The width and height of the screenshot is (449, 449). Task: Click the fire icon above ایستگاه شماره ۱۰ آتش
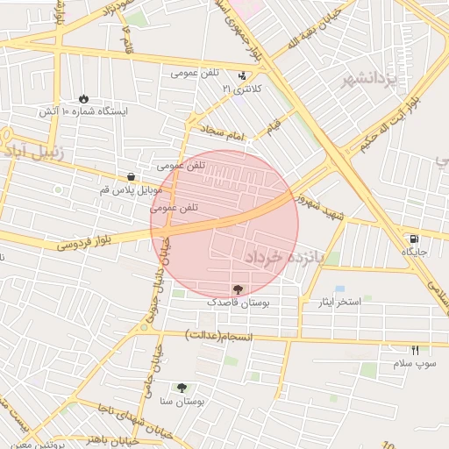84,98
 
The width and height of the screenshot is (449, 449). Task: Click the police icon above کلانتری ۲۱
243,75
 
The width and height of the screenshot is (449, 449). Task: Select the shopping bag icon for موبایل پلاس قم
131,176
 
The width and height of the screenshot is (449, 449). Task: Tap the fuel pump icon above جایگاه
413,238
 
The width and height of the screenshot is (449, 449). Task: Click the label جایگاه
413,252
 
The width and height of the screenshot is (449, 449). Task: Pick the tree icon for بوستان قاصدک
238,289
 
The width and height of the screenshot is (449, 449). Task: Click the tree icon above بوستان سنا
182,388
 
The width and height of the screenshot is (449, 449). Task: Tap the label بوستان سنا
182,402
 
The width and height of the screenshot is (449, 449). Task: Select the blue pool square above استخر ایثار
339,289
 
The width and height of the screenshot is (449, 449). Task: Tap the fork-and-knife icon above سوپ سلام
416,350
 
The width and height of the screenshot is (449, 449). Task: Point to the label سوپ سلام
414,363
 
